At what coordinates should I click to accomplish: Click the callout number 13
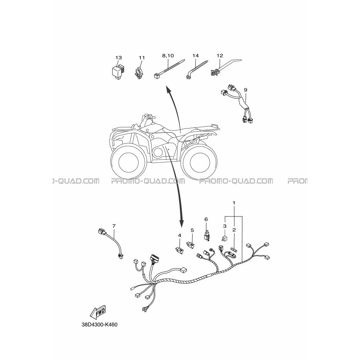[118, 57]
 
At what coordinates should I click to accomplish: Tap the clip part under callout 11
[139, 73]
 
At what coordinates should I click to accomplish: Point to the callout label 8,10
[168, 56]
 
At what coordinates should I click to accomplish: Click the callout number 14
[195, 56]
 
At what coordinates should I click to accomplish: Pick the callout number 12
[220, 56]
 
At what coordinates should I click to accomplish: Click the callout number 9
[246, 90]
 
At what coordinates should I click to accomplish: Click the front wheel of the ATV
[128, 161]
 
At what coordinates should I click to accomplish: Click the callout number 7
[114, 226]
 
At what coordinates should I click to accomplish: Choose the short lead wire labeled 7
[111, 244]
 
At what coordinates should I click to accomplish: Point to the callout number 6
[206, 220]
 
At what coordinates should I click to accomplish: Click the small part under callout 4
[179, 251]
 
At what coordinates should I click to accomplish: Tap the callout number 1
[234, 203]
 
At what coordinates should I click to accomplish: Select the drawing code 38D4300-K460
[100, 325]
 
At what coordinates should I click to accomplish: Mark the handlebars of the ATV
[147, 117]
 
